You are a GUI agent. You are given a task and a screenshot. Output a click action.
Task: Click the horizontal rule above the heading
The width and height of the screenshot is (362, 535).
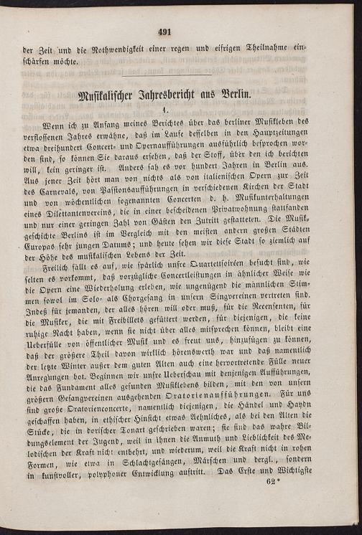click(166, 75)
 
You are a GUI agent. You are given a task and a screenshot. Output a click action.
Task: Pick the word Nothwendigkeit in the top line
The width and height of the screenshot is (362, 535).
click(111, 49)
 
